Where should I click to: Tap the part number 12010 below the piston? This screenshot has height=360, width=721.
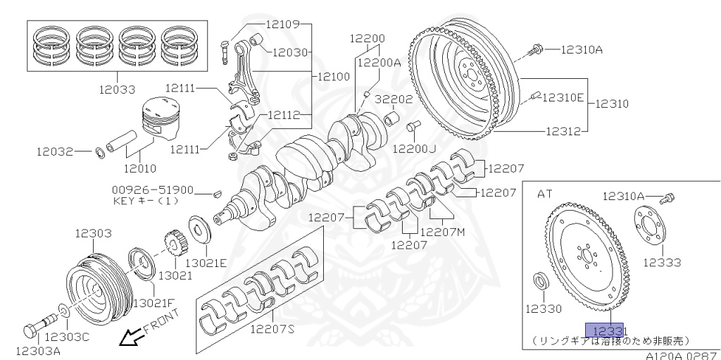(140, 168)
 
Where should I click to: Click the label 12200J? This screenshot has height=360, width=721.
(415, 149)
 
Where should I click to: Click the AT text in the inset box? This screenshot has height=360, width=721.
(545, 192)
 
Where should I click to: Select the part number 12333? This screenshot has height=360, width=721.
(661, 262)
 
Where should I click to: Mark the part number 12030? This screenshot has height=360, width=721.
(290, 51)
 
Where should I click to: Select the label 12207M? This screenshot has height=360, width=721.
(442, 231)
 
